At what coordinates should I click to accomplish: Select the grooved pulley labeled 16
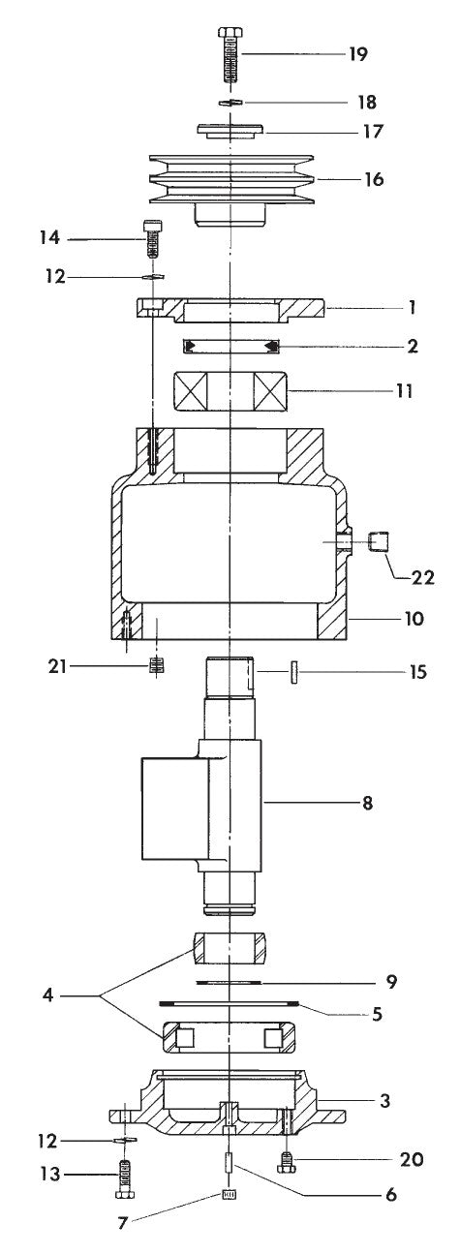click(x=230, y=179)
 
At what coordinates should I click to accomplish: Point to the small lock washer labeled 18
click(x=230, y=102)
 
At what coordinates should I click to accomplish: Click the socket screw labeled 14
click(x=152, y=238)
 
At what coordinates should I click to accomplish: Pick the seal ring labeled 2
click(x=231, y=346)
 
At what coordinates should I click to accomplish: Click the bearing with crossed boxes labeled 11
click(x=230, y=392)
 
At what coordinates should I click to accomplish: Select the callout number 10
click(x=414, y=618)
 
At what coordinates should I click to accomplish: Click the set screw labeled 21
click(x=155, y=668)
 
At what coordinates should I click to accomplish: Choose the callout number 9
click(x=390, y=981)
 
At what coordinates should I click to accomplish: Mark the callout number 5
click(x=377, y=1014)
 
